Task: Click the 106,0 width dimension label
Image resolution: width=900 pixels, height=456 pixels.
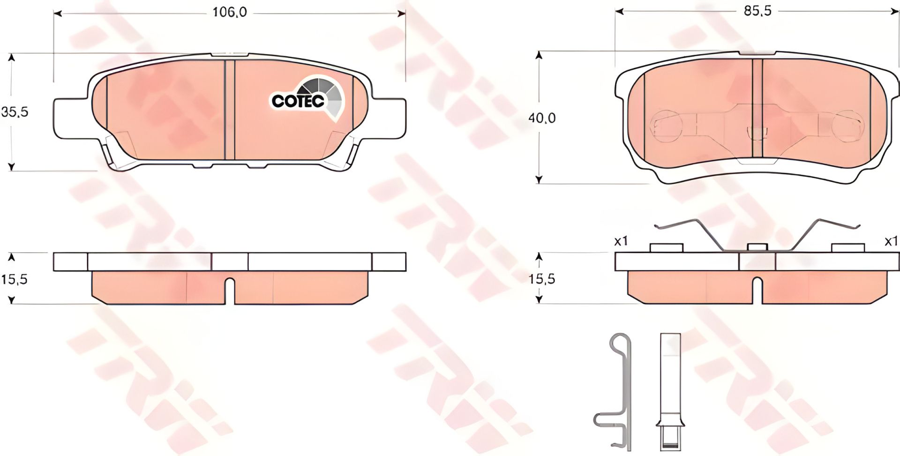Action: pos(230,13)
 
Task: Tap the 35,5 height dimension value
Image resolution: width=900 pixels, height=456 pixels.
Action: pos(15,112)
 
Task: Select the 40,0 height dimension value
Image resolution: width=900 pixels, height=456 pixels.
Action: pos(542,118)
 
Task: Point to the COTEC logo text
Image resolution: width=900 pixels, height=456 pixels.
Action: pos(298,101)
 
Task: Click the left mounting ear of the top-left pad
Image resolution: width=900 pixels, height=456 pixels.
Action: pos(70,119)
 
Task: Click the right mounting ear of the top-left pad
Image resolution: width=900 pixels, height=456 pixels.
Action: pos(389,119)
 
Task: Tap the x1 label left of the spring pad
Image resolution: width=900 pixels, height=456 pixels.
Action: pos(621,242)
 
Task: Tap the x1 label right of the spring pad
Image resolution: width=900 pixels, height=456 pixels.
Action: pos(891,241)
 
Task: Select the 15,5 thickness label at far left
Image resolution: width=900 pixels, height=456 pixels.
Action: pos(15,280)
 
